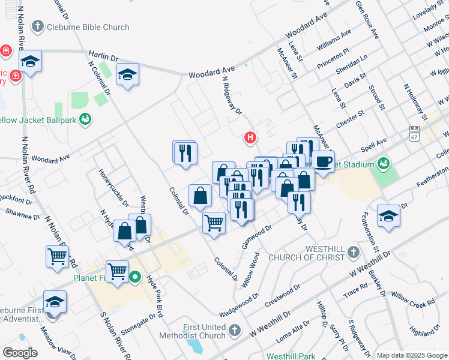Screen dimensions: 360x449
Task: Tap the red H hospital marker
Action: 250,138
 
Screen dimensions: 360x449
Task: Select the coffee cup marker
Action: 323,162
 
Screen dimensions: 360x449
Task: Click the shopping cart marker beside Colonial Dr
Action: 214,223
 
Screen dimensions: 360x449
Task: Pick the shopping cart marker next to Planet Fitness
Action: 117,271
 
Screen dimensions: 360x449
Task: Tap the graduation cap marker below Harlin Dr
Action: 127,74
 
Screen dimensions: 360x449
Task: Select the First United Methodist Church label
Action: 192,331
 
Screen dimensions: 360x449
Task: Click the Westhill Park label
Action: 291,356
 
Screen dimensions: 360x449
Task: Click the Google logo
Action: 20,353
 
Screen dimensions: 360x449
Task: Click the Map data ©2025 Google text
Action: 411,355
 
